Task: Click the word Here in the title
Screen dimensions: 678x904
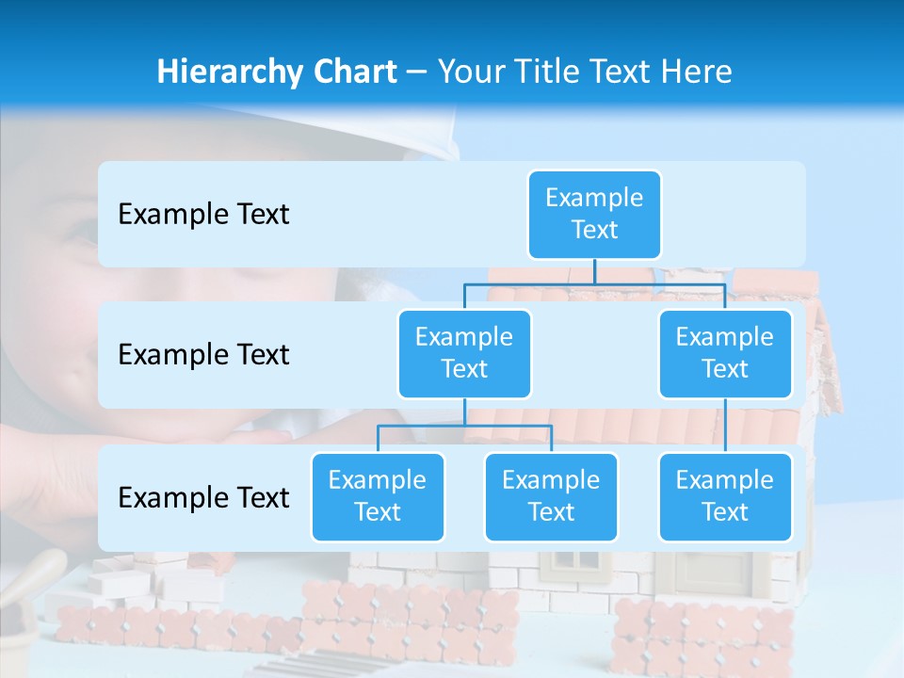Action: coord(698,72)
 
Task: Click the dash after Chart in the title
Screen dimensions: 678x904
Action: coord(417,72)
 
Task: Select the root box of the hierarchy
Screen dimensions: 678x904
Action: coord(594,214)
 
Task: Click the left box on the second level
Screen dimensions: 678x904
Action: coord(464,353)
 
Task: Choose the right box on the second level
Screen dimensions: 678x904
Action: coord(725,353)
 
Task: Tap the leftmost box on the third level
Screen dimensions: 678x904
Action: coord(378,496)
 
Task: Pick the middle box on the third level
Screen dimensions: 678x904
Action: coord(551,496)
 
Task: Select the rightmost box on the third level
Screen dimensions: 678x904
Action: coord(725,496)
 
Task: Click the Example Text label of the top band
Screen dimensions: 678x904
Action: coord(203,214)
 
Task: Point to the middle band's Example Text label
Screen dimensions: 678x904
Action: coord(203,354)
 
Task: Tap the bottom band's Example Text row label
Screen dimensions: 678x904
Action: coord(203,497)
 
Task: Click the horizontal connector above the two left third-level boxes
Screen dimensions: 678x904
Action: coord(464,426)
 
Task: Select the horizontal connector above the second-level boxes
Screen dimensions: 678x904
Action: coord(594,283)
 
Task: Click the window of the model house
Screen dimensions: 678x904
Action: coord(578,564)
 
